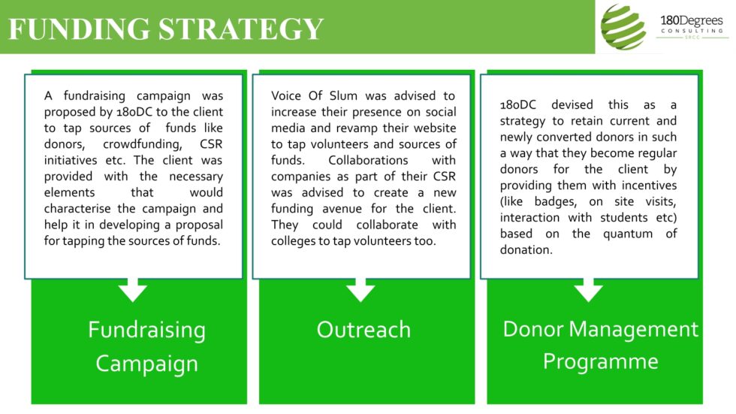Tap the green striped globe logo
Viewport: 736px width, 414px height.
coord(623,26)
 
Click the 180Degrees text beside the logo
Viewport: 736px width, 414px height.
coord(691,20)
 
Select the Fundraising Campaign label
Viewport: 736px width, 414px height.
coord(146,346)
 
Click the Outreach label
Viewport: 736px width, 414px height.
coord(363,329)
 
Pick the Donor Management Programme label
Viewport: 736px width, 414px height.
coord(600,345)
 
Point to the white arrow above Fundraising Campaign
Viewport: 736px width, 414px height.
coord(134,289)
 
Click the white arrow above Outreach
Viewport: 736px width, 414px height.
coord(361,289)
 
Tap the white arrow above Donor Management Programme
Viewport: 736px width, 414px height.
coord(588,289)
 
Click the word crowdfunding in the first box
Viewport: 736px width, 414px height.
coord(145,144)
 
